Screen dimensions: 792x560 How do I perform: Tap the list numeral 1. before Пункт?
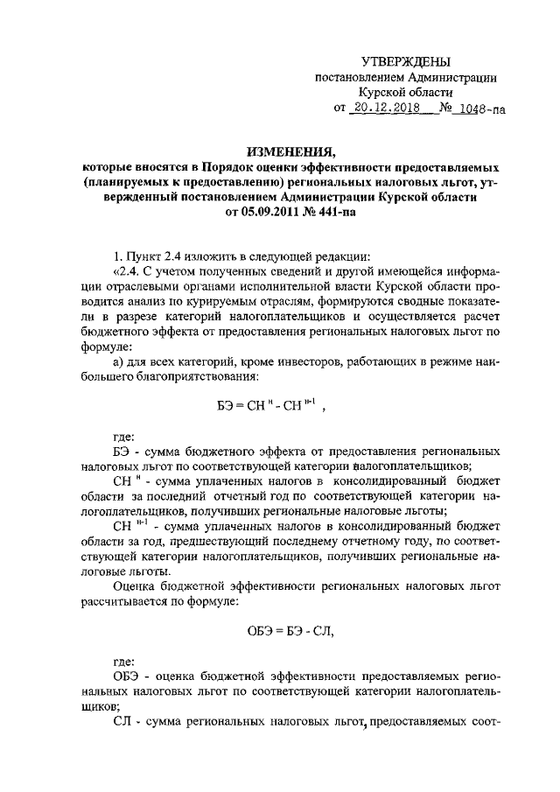[x=119, y=256]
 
